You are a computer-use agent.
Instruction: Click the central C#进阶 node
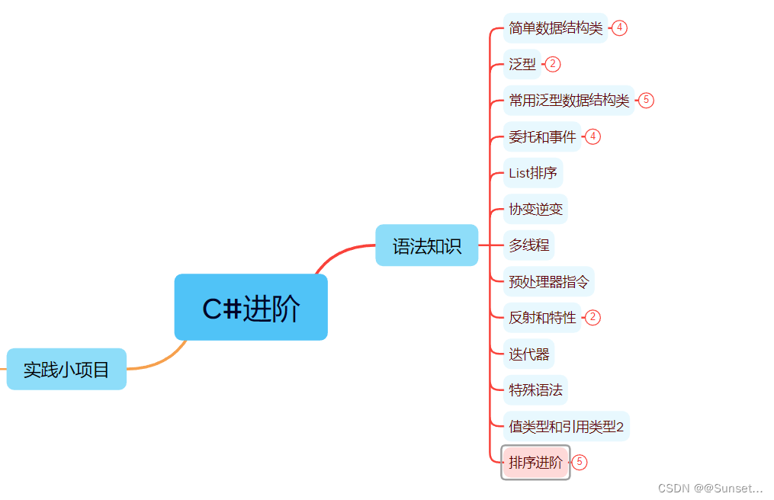click(251, 307)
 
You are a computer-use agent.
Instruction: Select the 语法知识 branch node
click(426, 245)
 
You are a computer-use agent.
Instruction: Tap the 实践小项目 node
click(66, 369)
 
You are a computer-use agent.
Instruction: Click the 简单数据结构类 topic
click(555, 28)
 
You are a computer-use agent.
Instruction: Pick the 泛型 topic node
click(522, 64)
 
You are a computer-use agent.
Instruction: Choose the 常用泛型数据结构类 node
click(569, 101)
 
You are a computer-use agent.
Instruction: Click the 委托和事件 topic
click(542, 136)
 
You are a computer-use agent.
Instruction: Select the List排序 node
click(532, 173)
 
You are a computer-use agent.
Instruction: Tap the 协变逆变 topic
click(535, 209)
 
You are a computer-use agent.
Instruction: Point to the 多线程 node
click(528, 245)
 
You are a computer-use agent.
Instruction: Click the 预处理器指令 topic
click(548, 281)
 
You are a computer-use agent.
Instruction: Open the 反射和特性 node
click(542, 318)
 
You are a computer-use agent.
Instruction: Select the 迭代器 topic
click(528, 354)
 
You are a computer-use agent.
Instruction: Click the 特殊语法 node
click(535, 390)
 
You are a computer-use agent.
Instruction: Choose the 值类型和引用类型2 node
click(566, 426)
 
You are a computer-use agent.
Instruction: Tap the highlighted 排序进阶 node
click(535, 462)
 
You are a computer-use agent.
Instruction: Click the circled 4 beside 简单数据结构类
click(619, 28)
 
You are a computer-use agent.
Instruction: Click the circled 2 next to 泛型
click(553, 64)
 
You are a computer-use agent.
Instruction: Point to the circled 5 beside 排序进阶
click(580, 462)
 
